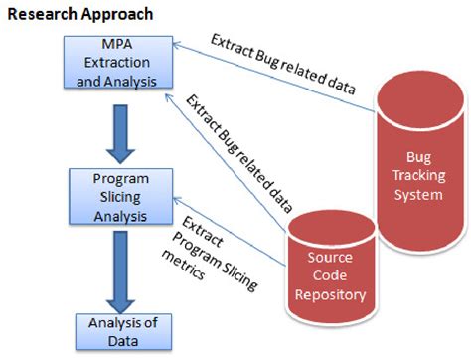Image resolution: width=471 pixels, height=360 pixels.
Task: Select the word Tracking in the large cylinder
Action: pos(417,176)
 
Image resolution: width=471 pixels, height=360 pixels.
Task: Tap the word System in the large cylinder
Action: pos(417,194)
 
